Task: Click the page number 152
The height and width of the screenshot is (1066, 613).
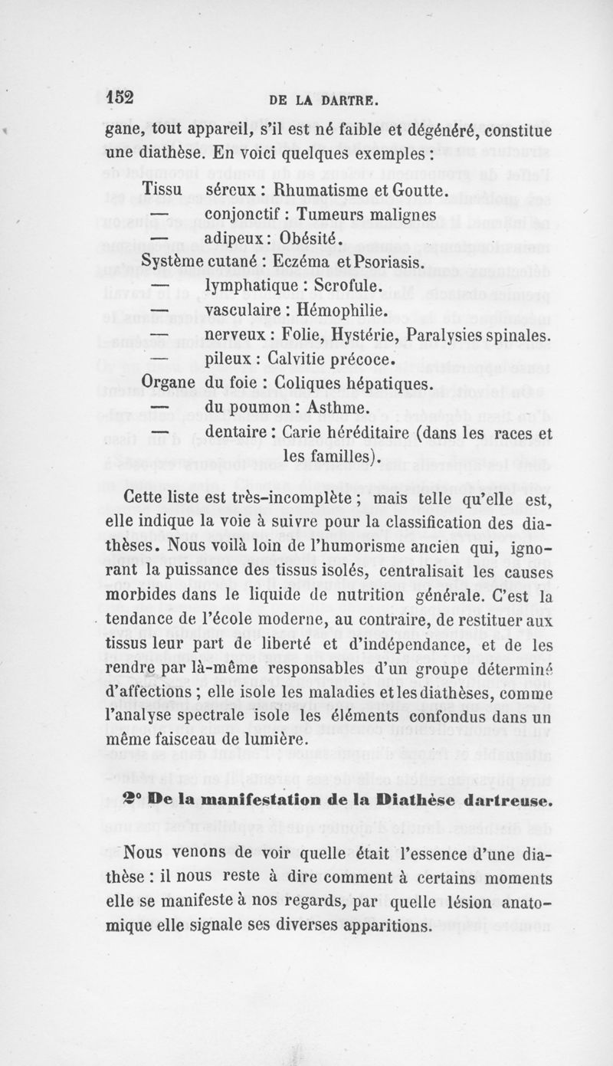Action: pos(120,97)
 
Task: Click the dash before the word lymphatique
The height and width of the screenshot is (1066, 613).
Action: pos(159,287)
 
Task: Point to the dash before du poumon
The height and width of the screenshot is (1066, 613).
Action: pos(159,408)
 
